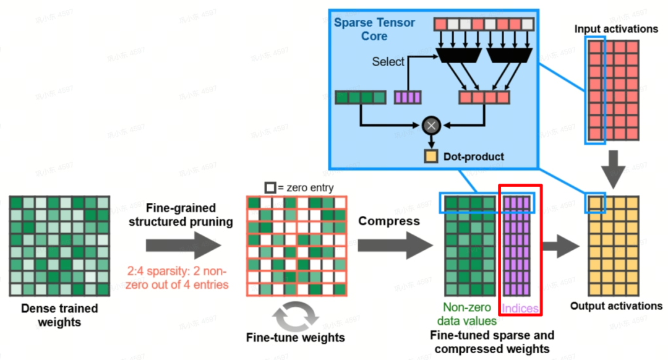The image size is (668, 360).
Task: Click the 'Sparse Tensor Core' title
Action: click(x=374, y=29)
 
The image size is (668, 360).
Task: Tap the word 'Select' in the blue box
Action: click(x=388, y=62)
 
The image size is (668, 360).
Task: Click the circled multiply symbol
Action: click(x=431, y=126)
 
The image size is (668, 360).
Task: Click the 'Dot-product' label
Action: click(x=473, y=156)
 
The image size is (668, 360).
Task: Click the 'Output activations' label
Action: click(x=615, y=306)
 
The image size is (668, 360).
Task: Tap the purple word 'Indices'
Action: click(x=520, y=308)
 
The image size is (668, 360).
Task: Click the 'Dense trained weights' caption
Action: click(x=59, y=315)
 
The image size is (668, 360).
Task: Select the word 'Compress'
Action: click(x=389, y=221)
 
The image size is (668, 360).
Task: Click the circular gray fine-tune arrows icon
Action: click(x=296, y=316)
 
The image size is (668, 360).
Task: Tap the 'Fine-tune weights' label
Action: click(x=296, y=338)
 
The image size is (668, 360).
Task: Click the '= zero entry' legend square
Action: click(x=270, y=187)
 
